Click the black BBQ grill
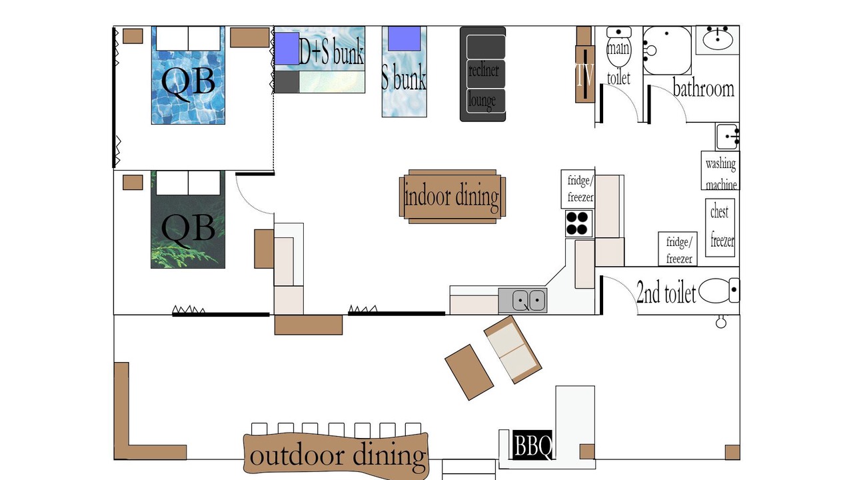[x=532, y=445]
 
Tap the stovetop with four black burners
[x=578, y=223]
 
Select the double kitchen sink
[x=523, y=301]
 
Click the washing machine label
[x=720, y=174]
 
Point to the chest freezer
[x=720, y=227]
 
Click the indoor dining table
[x=452, y=197]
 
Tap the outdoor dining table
[x=336, y=455]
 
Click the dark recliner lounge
[x=482, y=74]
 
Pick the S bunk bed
[x=404, y=71]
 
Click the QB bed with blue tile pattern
[x=188, y=75]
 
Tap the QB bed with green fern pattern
[x=188, y=219]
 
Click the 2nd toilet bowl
[x=719, y=291]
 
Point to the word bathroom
[x=704, y=89]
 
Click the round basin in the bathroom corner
[x=718, y=39]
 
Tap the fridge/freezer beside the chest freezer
[x=678, y=249]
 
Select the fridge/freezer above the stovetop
[x=578, y=189]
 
